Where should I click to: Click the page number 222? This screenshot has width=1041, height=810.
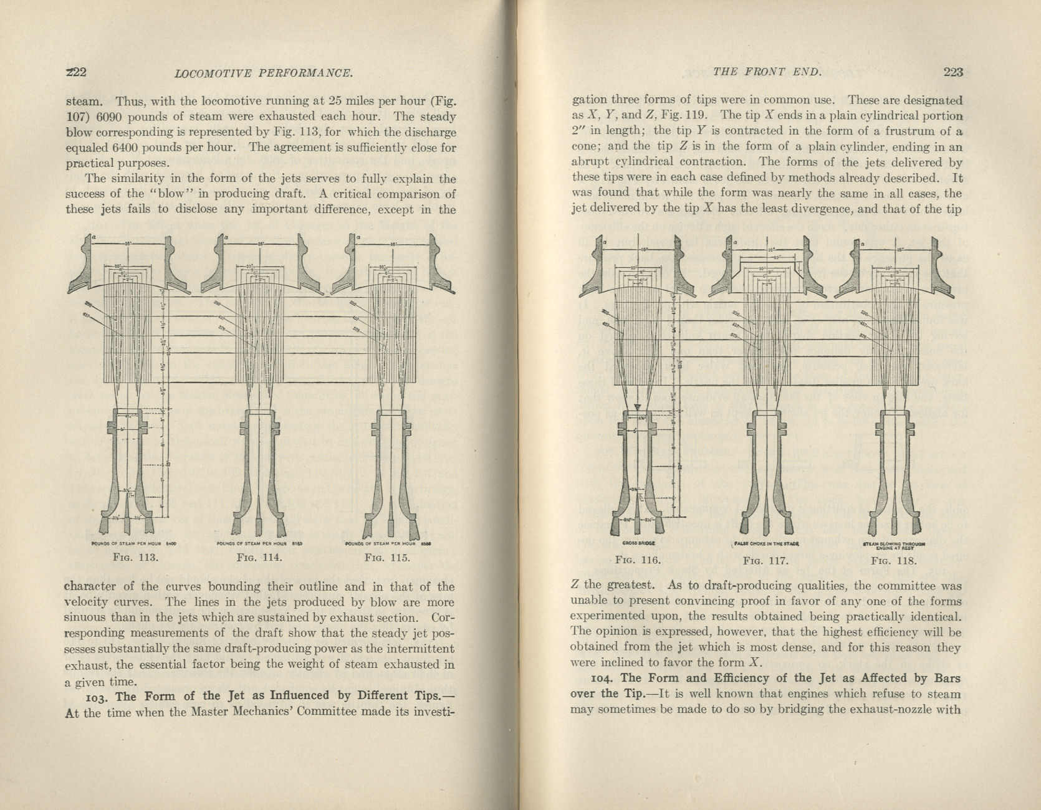click(76, 72)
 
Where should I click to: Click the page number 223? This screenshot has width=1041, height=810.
click(953, 72)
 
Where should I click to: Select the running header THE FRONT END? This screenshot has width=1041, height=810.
click(767, 72)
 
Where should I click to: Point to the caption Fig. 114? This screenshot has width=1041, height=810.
click(259, 557)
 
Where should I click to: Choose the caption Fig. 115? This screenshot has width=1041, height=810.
click(388, 557)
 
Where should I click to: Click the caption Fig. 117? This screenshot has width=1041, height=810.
click(766, 560)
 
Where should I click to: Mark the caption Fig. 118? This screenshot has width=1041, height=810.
click(895, 560)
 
